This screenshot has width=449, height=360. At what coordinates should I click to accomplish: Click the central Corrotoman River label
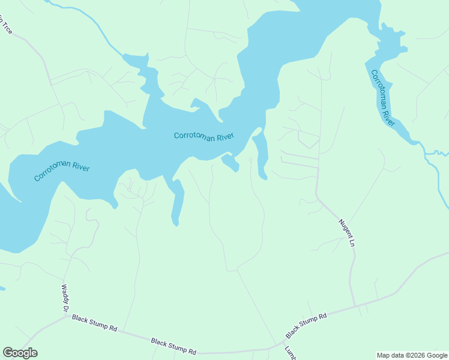pos(203,136)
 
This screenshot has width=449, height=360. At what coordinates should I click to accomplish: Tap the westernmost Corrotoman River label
pos(62,169)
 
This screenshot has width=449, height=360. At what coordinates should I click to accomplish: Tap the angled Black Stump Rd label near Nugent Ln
pos(306,325)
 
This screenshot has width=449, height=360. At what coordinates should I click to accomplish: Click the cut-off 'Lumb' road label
pos(291,353)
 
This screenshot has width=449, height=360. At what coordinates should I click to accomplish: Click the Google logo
pos(20,353)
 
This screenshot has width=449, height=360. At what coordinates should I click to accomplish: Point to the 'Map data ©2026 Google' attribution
pos(412,355)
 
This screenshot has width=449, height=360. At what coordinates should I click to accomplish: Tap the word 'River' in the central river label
pos(224,137)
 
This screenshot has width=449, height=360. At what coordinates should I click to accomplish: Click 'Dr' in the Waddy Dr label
pos(65,307)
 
